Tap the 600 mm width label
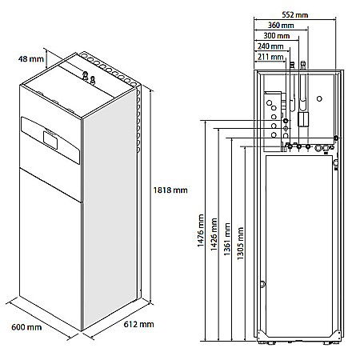(27, 327)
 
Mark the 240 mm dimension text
(271, 46)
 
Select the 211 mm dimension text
(270, 57)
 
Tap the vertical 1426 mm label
(213, 234)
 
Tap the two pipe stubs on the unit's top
(88, 78)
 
